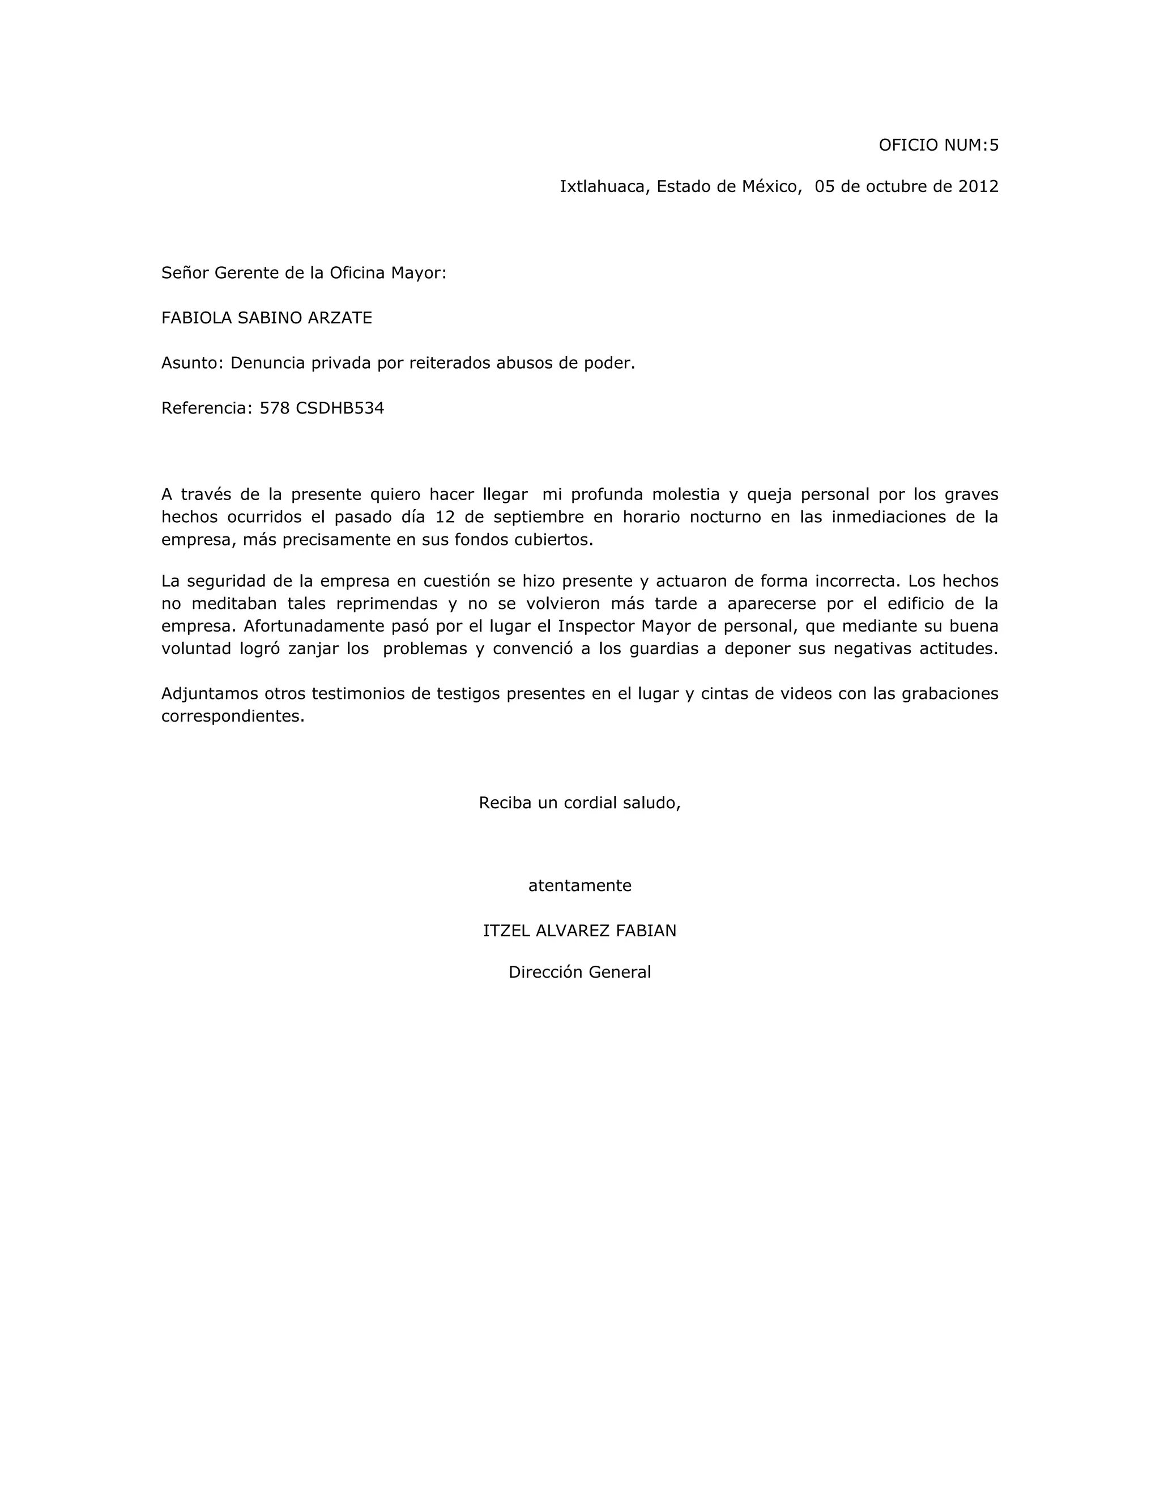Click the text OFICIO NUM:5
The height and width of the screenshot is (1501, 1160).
click(938, 145)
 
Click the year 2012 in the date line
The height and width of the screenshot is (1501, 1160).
click(978, 186)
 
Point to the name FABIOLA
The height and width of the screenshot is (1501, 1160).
click(196, 318)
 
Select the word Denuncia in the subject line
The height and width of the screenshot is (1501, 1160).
click(267, 363)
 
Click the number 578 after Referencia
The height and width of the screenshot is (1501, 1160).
click(274, 408)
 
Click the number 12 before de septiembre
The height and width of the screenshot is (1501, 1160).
click(445, 517)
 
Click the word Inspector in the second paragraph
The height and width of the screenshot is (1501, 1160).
click(596, 626)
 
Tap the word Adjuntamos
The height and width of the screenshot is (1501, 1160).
click(209, 693)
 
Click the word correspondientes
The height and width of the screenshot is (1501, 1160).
click(232, 716)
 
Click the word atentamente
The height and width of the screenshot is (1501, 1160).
click(579, 886)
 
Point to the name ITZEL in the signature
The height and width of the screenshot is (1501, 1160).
click(506, 931)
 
